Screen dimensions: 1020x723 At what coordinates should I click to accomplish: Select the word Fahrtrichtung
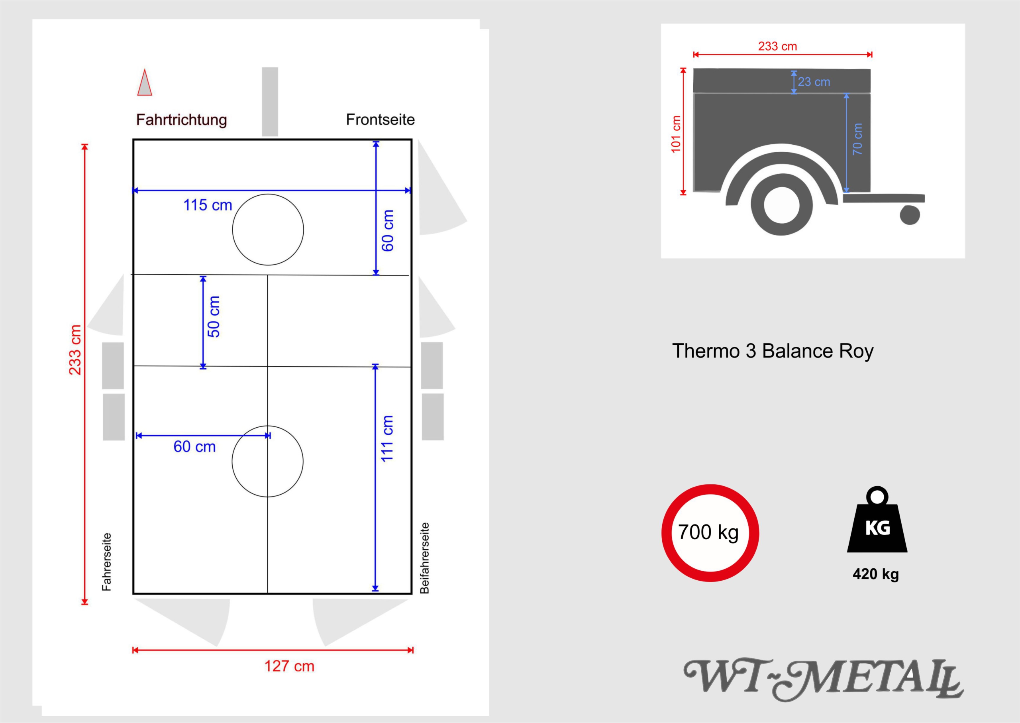coord(182,120)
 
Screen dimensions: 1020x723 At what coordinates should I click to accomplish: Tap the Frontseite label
coord(381,119)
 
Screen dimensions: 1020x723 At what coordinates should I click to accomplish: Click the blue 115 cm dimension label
coord(208,205)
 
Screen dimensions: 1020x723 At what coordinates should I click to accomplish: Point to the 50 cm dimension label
coord(214,317)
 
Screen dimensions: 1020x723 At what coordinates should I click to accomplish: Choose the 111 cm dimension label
coord(387,439)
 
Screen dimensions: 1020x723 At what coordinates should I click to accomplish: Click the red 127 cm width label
coord(289,666)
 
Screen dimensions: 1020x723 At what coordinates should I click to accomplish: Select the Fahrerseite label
coord(106,562)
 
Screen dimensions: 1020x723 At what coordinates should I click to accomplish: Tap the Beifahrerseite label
coord(425,558)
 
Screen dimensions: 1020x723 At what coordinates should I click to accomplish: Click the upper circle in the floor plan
coord(268,194)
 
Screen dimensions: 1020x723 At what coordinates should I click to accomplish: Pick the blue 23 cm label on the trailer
coord(814,82)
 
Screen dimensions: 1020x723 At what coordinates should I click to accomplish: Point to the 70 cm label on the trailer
coord(857,139)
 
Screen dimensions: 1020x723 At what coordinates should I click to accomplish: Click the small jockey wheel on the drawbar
coord(910,215)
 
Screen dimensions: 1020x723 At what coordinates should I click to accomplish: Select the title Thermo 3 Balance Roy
coord(773,351)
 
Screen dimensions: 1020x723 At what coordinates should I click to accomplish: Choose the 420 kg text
coord(876,574)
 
